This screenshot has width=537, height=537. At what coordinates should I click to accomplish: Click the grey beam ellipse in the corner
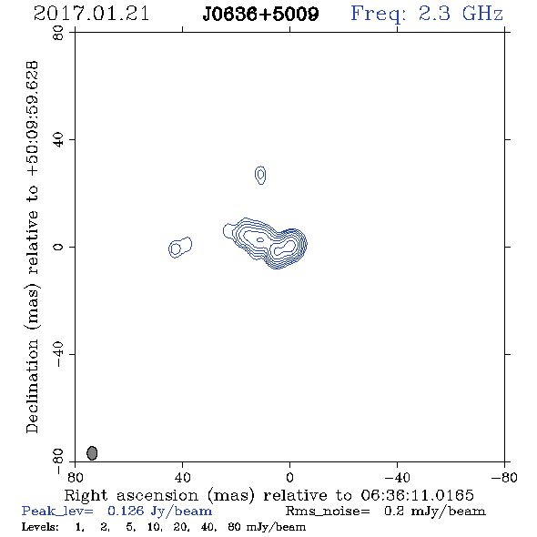[92, 453]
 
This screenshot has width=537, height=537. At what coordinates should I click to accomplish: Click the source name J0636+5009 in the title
[260, 14]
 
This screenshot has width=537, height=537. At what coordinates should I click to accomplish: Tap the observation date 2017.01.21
[91, 14]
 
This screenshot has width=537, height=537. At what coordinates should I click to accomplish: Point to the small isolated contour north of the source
[260, 175]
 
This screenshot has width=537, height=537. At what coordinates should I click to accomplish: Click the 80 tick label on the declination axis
[58, 33]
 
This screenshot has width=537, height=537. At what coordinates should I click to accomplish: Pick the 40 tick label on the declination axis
[58, 140]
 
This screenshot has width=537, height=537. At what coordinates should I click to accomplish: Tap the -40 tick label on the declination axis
[58, 354]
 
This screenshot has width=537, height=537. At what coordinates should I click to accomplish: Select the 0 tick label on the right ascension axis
[289, 477]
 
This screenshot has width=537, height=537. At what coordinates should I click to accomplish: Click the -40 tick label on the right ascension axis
[397, 477]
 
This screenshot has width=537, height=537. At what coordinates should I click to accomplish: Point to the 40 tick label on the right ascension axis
[183, 477]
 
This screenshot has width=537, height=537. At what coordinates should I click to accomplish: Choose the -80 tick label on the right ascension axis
[504, 477]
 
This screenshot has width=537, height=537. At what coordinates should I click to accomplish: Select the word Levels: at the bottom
[40, 526]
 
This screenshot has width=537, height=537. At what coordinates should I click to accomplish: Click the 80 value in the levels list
[234, 527]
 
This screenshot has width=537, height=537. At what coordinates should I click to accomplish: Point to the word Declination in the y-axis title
[32, 386]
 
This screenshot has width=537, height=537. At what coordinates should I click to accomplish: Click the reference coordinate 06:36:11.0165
[418, 495]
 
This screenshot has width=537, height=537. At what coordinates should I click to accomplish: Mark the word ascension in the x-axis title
[157, 495]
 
